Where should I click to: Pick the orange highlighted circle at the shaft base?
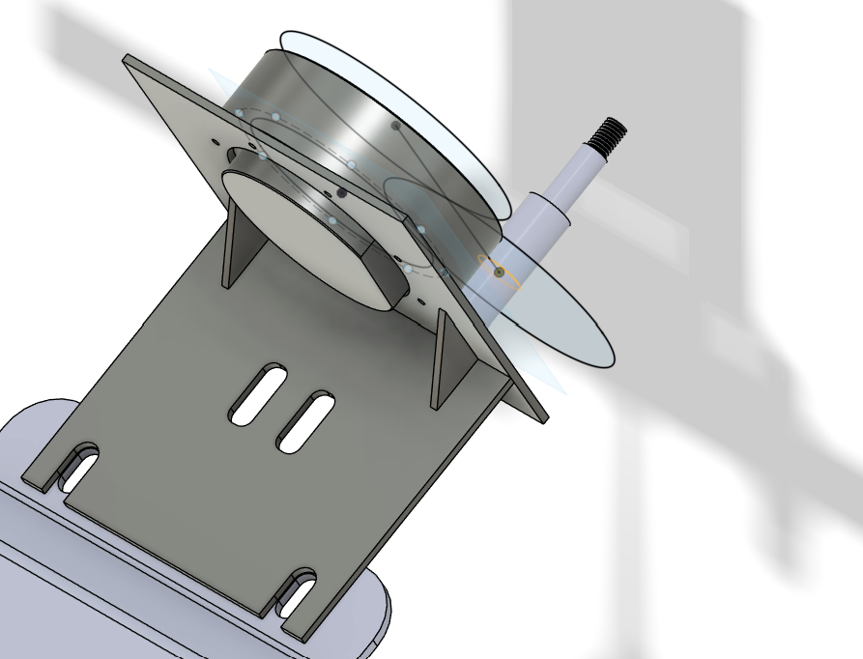pyautogui.click(x=500, y=272)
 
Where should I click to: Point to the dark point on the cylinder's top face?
pyautogui.click(x=395, y=125)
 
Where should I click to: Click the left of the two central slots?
pyautogui.click(x=257, y=394)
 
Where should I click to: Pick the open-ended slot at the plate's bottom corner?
pyautogui.click(x=296, y=591)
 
